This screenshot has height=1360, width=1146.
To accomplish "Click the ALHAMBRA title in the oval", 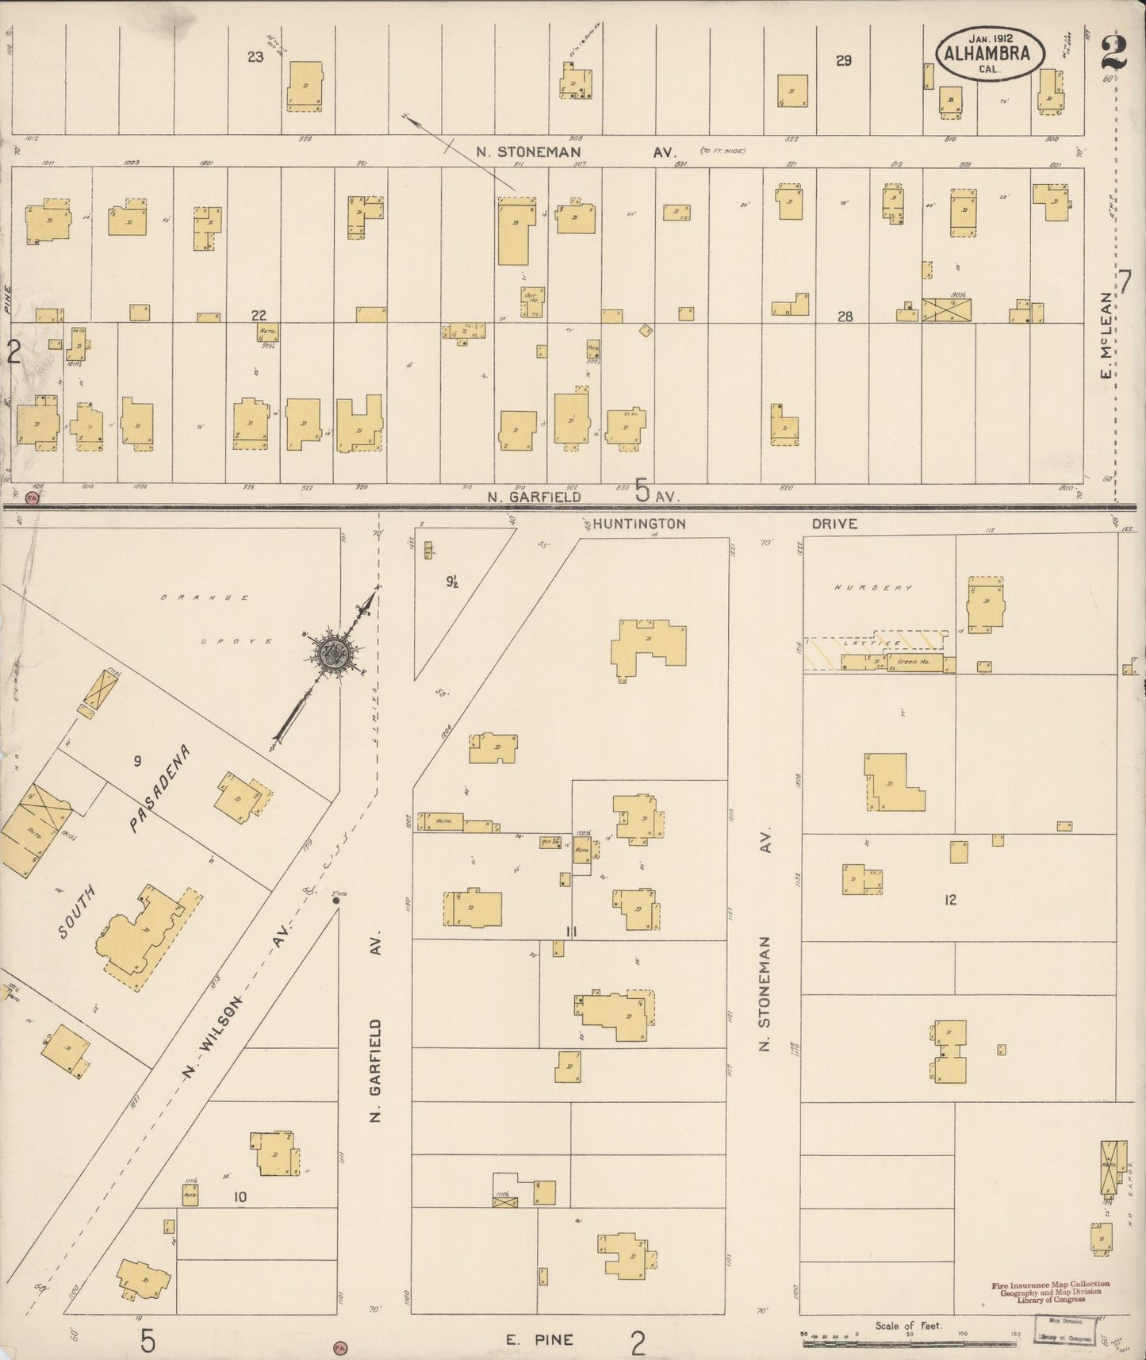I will (986, 54).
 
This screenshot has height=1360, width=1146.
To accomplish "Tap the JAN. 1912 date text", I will (987, 37).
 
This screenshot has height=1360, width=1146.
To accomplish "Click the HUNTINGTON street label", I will (638, 524).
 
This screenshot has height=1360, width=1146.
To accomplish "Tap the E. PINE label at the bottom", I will (540, 1340).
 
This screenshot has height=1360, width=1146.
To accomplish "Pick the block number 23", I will (255, 57).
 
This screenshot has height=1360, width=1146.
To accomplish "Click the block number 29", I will (843, 60).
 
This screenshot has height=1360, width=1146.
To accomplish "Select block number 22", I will (259, 316).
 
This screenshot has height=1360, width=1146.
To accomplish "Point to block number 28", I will (845, 317).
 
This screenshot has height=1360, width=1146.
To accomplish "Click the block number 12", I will (950, 899).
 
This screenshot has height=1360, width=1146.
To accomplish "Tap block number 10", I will (240, 1197).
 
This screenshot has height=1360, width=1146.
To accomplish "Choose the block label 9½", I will (453, 582).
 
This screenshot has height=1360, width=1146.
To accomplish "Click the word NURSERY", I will (873, 588).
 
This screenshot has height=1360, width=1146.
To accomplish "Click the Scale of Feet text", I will (908, 1325).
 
